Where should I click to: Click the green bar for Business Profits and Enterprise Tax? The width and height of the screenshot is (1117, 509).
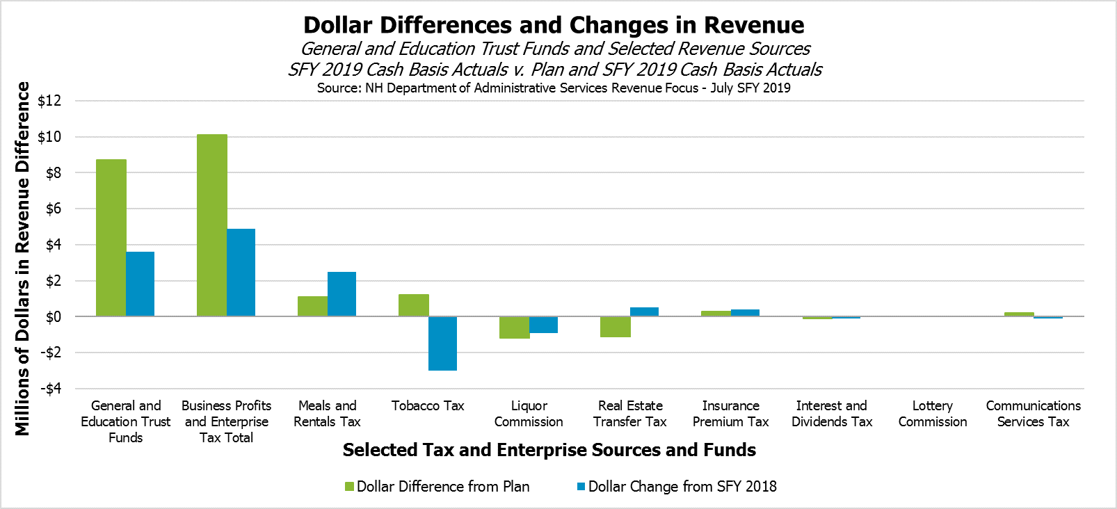point(211,225)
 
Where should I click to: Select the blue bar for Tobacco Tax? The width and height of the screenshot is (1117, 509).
point(442,344)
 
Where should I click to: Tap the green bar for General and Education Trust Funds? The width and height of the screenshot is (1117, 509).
point(111,238)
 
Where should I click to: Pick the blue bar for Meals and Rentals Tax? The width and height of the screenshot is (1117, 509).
point(341,294)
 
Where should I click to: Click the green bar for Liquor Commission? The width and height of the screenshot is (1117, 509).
point(514,328)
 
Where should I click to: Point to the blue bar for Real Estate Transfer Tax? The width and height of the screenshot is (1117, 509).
point(644,312)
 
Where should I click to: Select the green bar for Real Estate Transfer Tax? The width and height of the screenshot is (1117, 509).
point(615,327)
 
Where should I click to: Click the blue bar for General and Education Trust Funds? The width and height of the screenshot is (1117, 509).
point(140,284)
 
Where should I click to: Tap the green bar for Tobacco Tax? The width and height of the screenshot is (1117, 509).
point(413,305)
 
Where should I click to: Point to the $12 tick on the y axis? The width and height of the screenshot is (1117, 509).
point(49,101)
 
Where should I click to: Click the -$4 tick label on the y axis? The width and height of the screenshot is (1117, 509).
point(49,389)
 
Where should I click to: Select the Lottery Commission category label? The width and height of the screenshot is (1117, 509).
point(932,414)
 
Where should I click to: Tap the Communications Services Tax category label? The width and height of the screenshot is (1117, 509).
point(1033,414)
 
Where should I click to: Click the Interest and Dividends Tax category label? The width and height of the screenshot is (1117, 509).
point(831,414)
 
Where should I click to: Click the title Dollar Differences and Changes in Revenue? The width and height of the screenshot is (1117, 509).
point(554,25)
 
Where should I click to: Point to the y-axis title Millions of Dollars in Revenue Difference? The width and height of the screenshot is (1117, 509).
point(23,259)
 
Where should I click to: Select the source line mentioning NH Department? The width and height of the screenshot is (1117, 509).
point(554,88)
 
